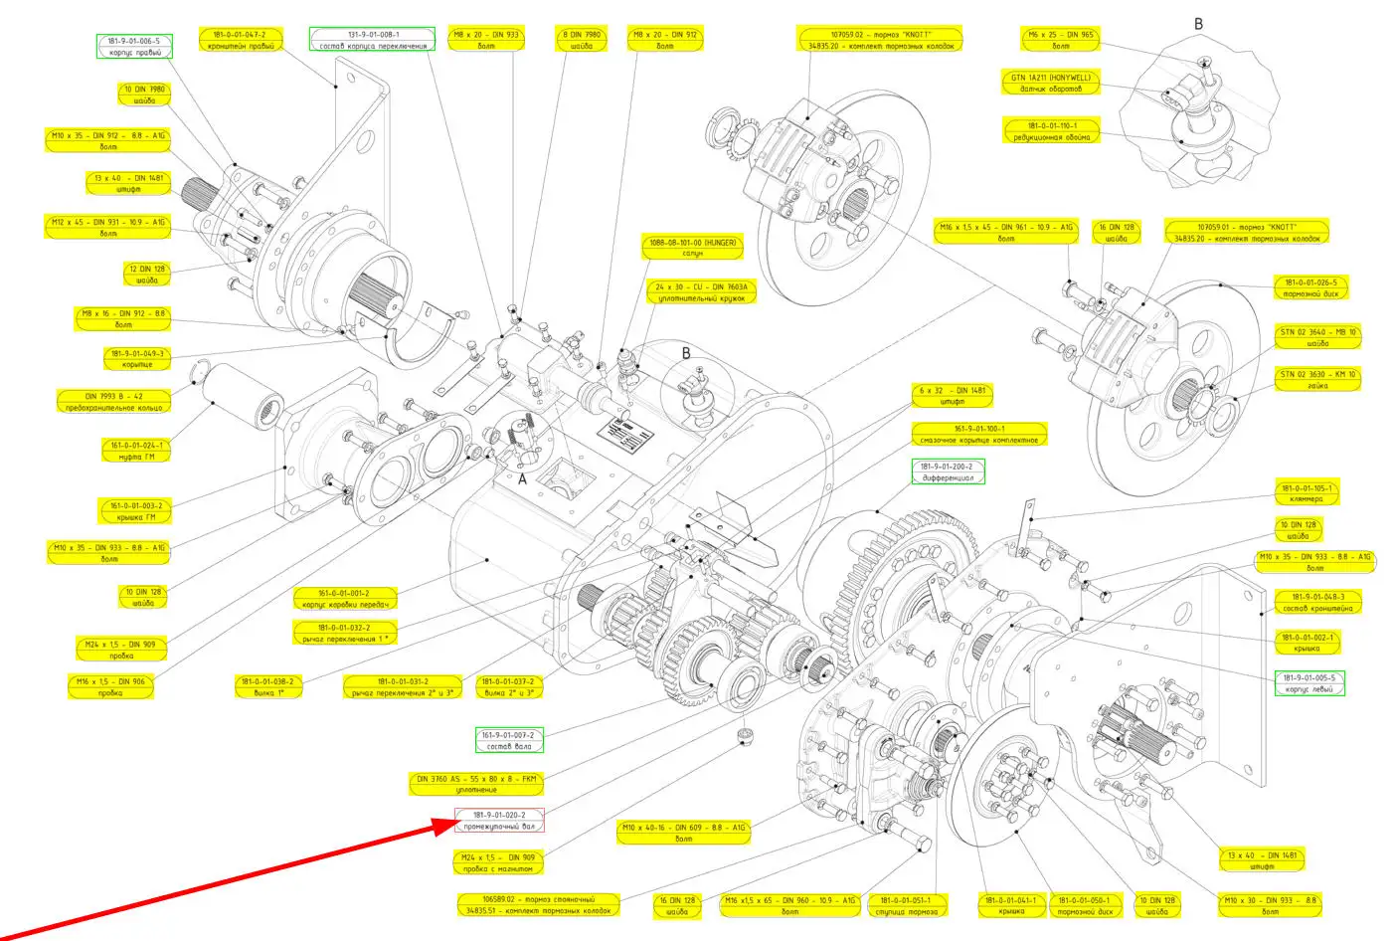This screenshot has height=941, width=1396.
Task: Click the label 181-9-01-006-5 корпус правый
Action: (134, 47)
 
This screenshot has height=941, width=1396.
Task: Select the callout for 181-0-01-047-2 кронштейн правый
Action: (240, 40)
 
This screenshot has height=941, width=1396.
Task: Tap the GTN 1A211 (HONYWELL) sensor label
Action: (1050, 83)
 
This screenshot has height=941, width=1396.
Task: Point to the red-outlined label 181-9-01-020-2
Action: (500, 821)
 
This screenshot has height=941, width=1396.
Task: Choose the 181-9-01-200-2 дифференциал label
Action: (948, 471)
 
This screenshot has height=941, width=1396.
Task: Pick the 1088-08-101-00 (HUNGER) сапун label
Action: (692, 248)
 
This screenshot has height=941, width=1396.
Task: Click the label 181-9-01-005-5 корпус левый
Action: (1309, 683)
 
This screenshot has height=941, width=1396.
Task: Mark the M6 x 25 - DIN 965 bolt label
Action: (1060, 40)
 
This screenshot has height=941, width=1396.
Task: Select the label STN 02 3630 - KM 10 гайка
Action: (1317, 380)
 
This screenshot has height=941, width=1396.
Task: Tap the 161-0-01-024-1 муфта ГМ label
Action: (137, 451)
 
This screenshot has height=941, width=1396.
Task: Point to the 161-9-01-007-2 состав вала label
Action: (509, 741)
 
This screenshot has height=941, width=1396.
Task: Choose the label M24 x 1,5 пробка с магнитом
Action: (498, 862)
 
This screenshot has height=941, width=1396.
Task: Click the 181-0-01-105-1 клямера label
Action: (1306, 493)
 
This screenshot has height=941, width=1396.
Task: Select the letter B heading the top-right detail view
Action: (1198, 24)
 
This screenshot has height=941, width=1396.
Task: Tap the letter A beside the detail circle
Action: (522, 479)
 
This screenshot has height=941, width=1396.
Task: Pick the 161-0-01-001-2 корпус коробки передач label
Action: (345, 599)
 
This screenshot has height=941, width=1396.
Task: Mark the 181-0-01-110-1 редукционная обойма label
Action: (1052, 131)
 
